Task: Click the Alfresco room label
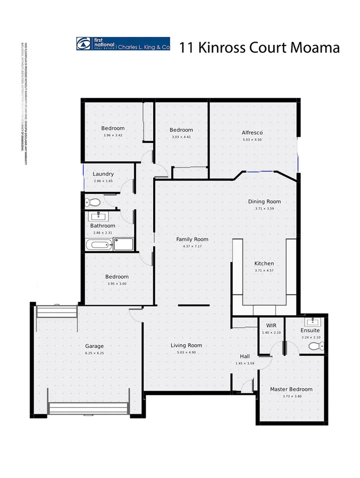(x=252, y=132)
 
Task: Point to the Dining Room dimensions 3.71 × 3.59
(x=264, y=209)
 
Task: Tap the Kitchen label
(x=264, y=263)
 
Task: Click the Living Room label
(x=186, y=345)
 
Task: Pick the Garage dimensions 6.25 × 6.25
(x=94, y=353)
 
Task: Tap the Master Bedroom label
(x=291, y=389)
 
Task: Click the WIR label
(x=271, y=325)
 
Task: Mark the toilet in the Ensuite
(x=315, y=346)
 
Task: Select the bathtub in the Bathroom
(x=99, y=244)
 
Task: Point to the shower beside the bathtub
(x=123, y=244)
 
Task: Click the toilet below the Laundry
(x=94, y=201)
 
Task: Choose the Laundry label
(x=103, y=174)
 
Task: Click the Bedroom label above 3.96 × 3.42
(x=113, y=128)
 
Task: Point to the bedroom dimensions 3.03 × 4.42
(x=181, y=137)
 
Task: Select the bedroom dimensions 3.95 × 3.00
(x=116, y=283)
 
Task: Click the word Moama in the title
(x=312, y=48)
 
